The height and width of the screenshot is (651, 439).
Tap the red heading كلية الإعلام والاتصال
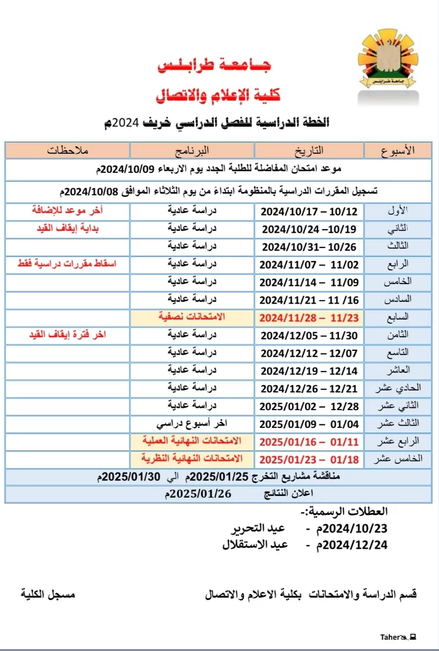217,95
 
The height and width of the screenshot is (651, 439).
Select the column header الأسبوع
396,150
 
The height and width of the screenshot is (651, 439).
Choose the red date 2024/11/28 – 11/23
309,318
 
